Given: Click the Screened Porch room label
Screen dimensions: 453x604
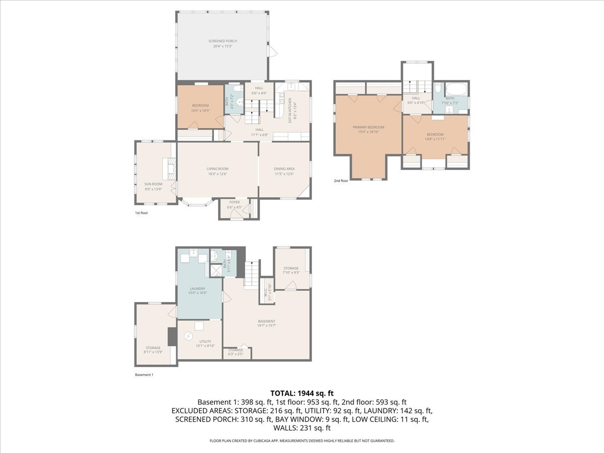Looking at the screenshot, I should [x=222, y=41].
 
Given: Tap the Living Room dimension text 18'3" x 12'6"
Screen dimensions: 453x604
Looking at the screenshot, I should [x=217, y=174].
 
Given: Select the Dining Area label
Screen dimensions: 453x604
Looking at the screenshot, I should [x=284, y=169].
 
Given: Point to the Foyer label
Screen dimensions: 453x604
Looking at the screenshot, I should [x=235, y=202].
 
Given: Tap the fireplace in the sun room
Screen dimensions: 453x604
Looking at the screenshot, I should [x=170, y=169].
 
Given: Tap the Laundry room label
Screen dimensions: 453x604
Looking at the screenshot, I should [x=197, y=289].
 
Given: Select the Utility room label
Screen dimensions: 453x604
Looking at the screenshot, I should [x=205, y=341].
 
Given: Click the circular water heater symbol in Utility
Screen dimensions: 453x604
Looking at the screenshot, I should [x=188, y=336].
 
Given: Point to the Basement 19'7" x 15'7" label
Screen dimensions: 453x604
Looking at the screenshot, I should [x=267, y=322].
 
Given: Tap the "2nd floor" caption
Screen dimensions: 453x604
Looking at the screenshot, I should [x=341, y=181].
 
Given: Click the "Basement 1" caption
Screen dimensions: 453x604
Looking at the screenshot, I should [x=144, y=375].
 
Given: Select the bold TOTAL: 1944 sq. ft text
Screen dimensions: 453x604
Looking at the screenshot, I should [x=302, y=393].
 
